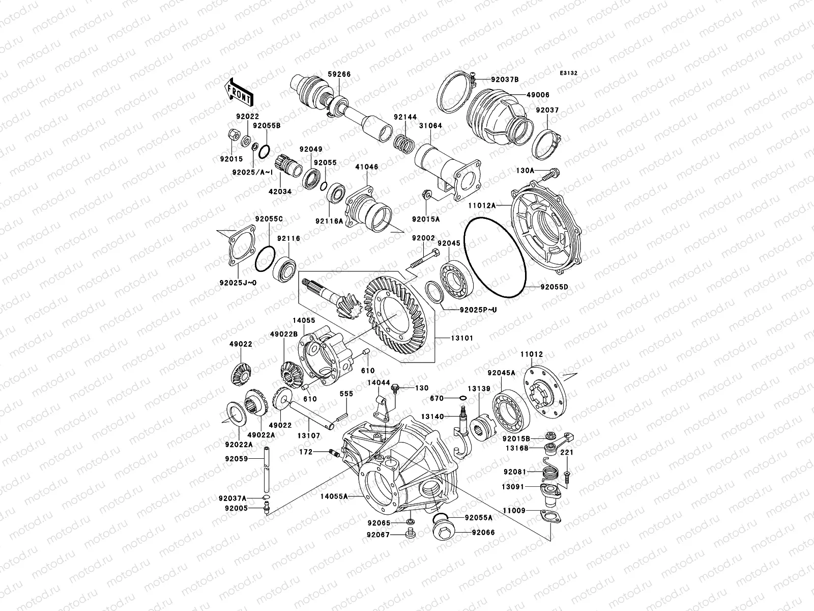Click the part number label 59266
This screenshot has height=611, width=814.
339,74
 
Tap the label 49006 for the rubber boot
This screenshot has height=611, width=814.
538,95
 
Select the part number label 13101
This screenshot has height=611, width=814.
461,338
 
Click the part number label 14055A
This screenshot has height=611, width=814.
334,495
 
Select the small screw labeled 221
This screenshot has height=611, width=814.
567,476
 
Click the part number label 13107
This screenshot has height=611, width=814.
308,435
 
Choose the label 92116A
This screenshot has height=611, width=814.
329,221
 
